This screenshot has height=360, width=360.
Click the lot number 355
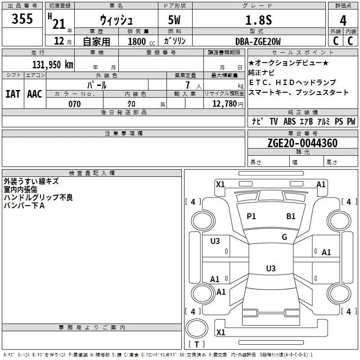[x=22, y=18]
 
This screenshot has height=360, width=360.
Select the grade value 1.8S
[x=258, y=20]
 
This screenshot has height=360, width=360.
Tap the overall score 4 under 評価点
[x=343, y=20]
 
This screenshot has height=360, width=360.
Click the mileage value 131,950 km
[x=53, y=65]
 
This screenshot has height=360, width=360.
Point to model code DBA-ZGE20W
[x=258, y=41]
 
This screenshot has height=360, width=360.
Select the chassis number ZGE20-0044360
[x=302, y=143]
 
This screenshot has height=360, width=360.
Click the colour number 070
[x=75, y=104]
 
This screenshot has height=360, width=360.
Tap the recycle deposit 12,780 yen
[x=228, y=104]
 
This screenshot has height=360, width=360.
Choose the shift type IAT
[x=13, y=94]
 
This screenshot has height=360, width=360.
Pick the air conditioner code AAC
[x=35, y=94]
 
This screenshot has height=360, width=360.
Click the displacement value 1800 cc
[x=141, y=42]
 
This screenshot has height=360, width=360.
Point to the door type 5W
[x=174, y=20]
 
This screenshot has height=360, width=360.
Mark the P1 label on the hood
[x=251, y=216]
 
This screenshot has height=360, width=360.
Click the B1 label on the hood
[x=291, y=216]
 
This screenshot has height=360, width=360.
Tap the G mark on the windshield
[x=284, y=237]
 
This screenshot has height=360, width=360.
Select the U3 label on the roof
[x=271, y=268]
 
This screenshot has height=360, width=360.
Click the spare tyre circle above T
[x=197, y=328]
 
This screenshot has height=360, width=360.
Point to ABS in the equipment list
[x=289, y=121]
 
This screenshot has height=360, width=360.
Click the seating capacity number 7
[x=188, y=85]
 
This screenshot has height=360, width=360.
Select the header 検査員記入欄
[x=92, y=173]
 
